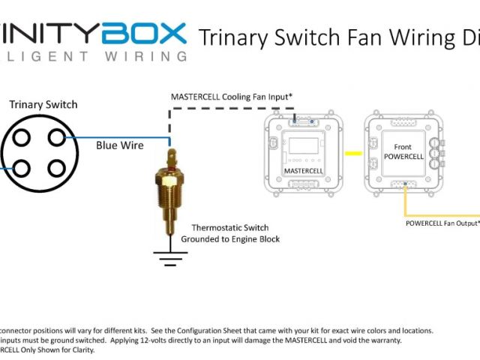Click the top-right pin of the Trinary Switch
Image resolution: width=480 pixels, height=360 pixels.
56,138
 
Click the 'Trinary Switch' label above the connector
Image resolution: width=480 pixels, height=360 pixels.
43,104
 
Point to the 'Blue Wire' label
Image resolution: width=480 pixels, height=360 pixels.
120,145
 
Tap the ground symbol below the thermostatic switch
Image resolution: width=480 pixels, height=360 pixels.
170,257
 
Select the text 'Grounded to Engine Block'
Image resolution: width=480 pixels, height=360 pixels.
230,239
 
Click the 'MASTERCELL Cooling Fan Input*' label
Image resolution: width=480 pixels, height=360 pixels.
231,97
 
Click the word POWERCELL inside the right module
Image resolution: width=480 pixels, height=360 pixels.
403,157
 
